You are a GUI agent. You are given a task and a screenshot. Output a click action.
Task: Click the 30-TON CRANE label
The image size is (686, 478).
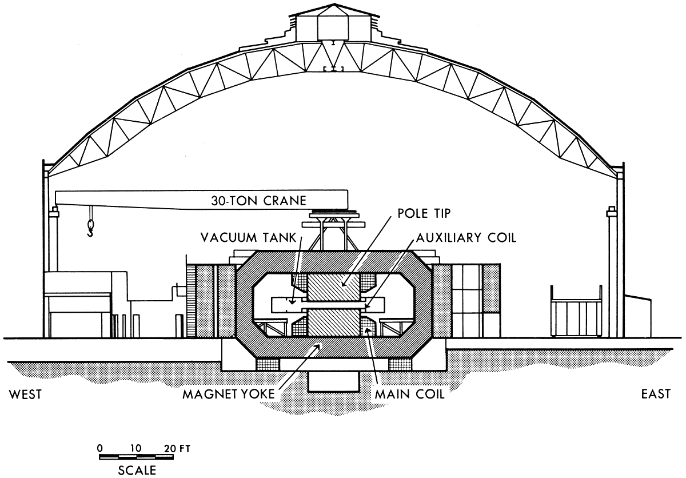coord(258,201)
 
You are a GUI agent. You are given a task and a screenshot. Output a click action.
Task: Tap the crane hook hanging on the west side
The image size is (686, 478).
coord(90,228)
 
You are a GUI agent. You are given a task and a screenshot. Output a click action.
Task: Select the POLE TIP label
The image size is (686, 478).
coord(424,213)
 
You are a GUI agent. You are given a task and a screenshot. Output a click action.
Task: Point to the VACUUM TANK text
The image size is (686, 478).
coord(248,238)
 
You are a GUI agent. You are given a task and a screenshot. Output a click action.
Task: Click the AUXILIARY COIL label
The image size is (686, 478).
coord(466,238)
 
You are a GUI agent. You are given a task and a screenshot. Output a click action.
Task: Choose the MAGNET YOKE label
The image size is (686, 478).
coord(229,394)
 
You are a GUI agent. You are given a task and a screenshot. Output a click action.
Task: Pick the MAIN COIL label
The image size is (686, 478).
coord(410,394)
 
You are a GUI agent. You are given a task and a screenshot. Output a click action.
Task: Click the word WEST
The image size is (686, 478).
coord(25,395)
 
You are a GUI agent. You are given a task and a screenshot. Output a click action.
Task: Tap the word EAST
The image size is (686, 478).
coord(656,394)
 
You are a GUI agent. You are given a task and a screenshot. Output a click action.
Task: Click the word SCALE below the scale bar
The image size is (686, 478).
coord(137,471)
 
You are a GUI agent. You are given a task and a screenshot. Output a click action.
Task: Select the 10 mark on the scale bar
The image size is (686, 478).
coord(135,448)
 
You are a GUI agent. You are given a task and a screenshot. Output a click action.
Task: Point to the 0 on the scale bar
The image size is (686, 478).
coord(100,448)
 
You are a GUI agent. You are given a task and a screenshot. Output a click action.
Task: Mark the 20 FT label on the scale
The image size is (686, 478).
coord(177,449)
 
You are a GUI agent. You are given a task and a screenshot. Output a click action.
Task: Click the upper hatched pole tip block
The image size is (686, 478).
coord(333,286)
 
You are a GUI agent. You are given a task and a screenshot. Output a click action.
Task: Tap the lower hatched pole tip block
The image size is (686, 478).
coord(333,322)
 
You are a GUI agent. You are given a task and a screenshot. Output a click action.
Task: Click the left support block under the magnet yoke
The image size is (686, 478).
coord(268,364)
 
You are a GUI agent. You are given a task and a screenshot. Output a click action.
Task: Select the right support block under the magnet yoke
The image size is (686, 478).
coord(401,364)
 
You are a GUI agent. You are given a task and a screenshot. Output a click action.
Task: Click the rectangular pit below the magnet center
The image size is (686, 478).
coord(333,381)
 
